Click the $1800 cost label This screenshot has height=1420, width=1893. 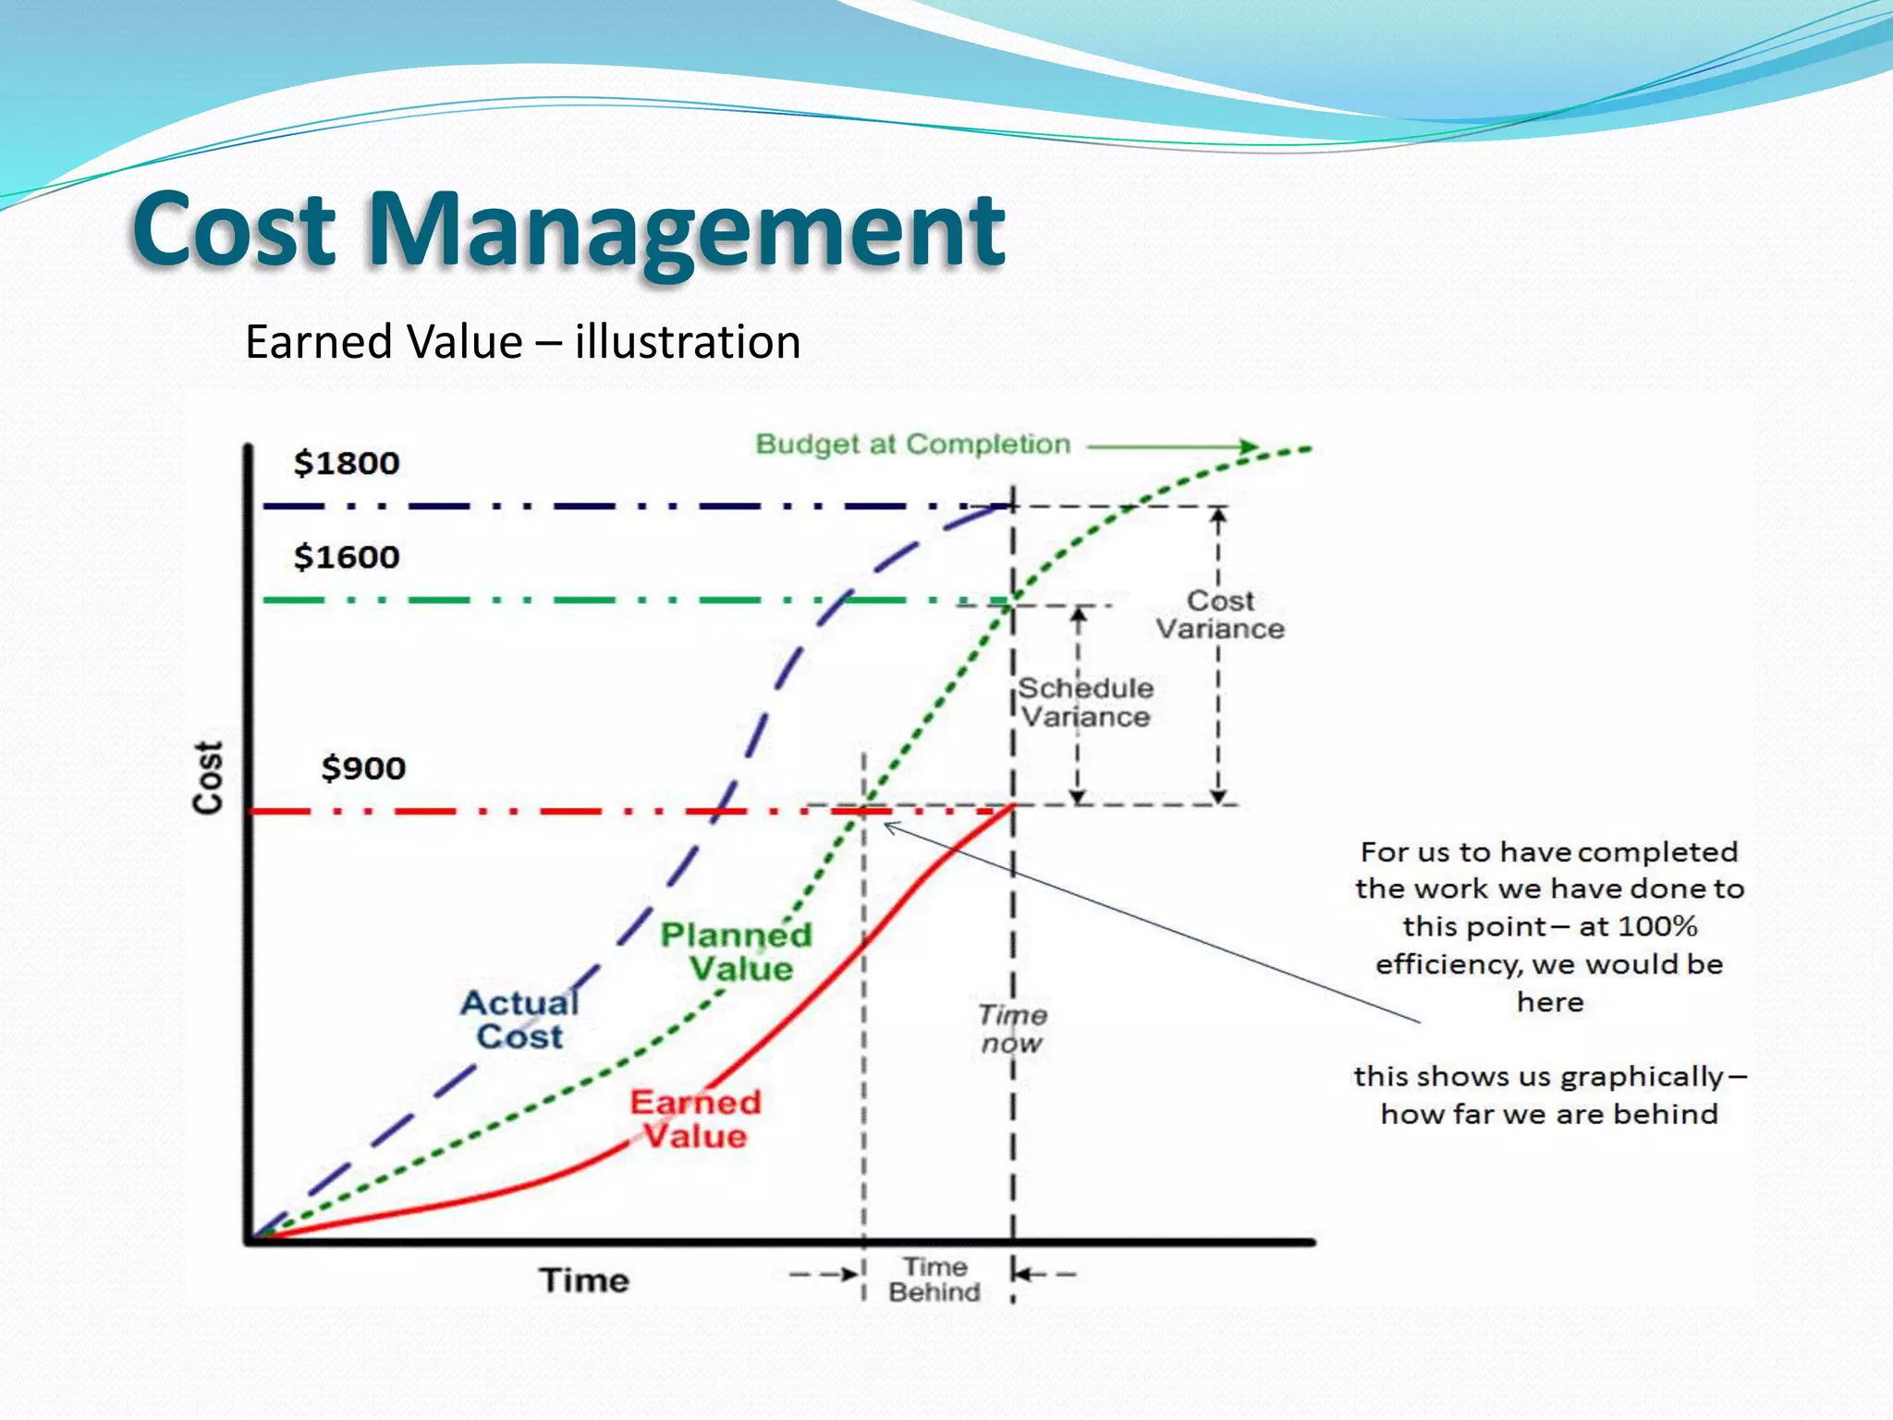coord(347,463)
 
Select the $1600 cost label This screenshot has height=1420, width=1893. coord(347,557)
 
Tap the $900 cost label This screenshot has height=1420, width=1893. coord(363,768)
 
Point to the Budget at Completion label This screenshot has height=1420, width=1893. coord(912,445)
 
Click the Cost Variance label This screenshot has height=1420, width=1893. coord(1220,615)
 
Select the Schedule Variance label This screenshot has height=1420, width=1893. coord(1086,703)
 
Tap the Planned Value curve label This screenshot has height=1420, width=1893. coord(738,952)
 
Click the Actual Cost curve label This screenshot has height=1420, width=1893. coord(520,1020)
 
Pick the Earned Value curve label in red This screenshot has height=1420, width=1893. coord(695,1120)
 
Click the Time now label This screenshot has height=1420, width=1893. coord(1012,1029)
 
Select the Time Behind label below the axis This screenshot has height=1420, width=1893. coord(934,1279)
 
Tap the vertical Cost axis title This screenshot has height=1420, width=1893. coord(209,777)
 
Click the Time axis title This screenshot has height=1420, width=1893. coord(584,1280)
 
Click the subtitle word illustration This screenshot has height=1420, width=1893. coord(687,342)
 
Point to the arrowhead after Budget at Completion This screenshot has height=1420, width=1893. coord(1250,447)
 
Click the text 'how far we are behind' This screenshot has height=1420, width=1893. coord(1549,1114)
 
